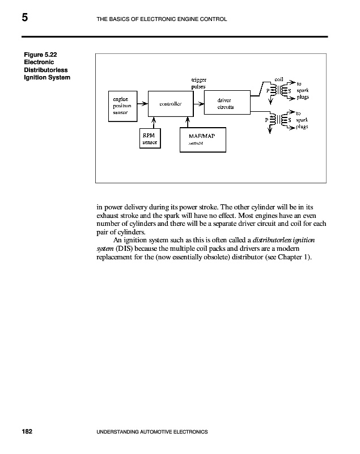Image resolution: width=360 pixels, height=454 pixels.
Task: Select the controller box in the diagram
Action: [170, 104]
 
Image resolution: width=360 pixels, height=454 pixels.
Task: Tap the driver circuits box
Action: [225, 103]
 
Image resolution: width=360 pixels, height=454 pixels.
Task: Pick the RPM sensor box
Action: [150, 138]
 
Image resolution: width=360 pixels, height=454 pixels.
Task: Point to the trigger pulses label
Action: [198, 83]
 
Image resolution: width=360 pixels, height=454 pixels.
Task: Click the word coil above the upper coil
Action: [278, 79]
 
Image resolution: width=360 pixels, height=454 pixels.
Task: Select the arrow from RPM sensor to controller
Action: [154, 124]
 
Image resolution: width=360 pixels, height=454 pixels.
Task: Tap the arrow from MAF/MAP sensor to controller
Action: [187, 124]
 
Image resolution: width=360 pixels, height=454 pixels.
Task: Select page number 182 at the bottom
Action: [27, 432]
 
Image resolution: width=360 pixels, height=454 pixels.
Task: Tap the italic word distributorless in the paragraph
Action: [273, 241]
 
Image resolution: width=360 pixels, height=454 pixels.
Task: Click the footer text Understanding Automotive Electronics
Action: [153, 432]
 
